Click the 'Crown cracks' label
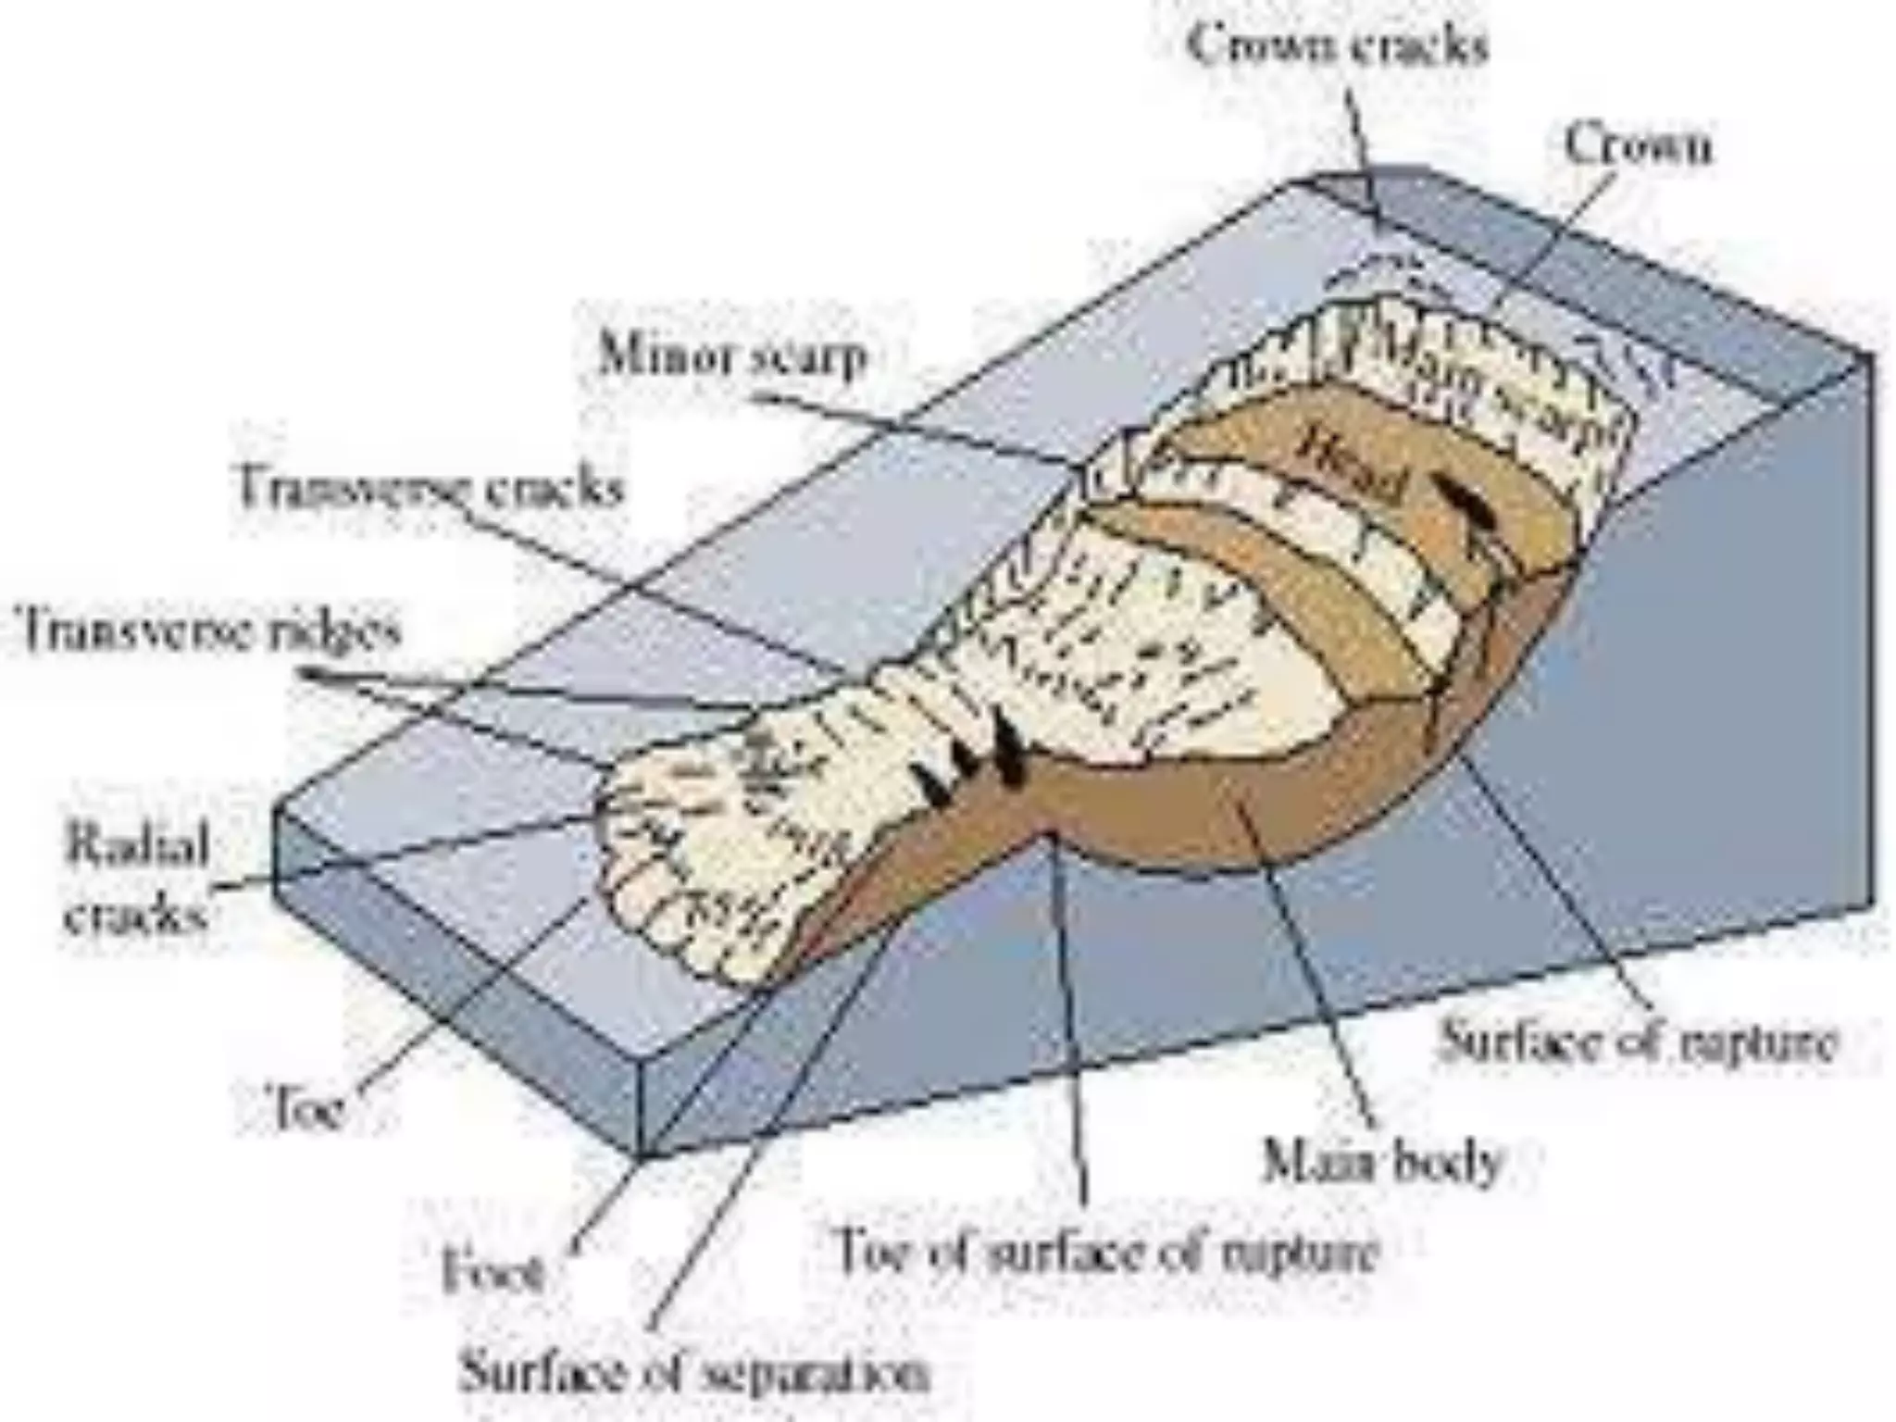tap(1338, 45)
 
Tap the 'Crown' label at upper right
tap(1637, 146)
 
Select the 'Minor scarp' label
tap(731, 355)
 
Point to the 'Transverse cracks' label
tap(430, 487)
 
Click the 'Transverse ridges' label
tap(210, 631)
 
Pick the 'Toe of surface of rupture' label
tap(1107, 1250)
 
